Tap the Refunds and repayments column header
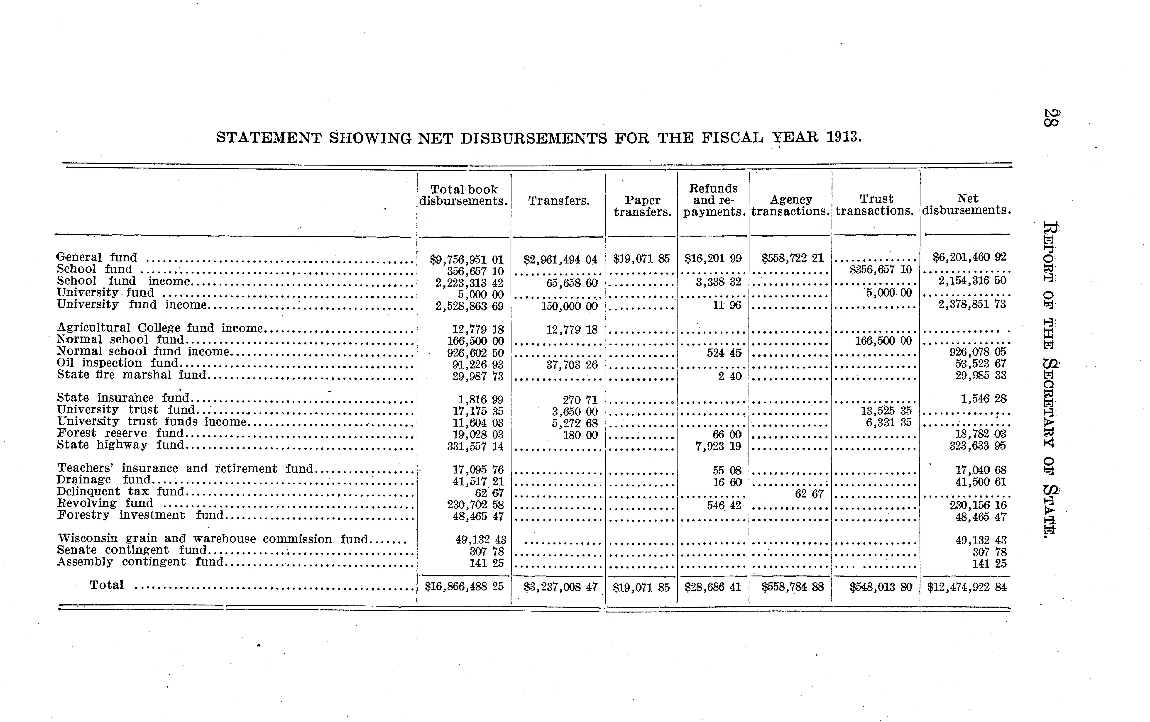(x=714, y=200)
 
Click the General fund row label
(x=97, y=257)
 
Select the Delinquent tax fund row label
(x=121, y=491)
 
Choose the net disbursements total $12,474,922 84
(x=966, y=587)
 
